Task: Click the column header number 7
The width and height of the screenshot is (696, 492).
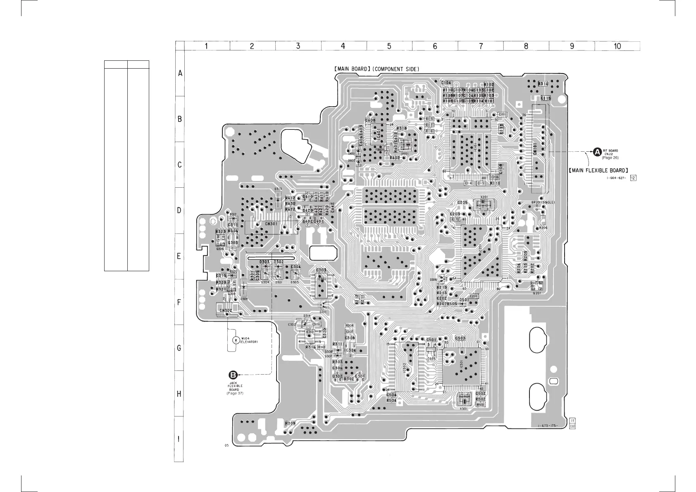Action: point(481,46)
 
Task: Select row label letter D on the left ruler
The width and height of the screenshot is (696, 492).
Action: point(179,210)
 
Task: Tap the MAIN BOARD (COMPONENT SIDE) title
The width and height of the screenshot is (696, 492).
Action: point(377,69)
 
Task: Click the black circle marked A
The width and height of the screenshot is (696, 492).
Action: point(597,152)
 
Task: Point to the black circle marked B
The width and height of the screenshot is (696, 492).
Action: point(234,375)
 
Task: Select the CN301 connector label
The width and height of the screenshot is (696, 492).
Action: point(271,225)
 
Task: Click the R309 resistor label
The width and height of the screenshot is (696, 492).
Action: point(291,423)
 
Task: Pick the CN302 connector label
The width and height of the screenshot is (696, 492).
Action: point(226,310)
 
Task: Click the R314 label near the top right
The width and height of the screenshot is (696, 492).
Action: point(543,84)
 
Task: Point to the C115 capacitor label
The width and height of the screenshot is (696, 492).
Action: point(546,98)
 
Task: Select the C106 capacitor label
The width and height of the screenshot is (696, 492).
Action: point(446,83)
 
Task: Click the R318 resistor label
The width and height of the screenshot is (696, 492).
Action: point(402,129)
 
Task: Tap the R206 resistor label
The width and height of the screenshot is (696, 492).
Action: point(543,228)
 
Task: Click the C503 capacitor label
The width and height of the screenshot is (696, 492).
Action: point(460,338)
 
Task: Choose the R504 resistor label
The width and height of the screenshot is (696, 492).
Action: point(391,401)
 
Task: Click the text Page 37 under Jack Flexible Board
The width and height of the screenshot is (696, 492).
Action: point(235,393)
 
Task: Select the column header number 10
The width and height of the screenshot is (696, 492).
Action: point(617,46)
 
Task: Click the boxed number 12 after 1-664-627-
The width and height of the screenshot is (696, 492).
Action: point(633,178)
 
